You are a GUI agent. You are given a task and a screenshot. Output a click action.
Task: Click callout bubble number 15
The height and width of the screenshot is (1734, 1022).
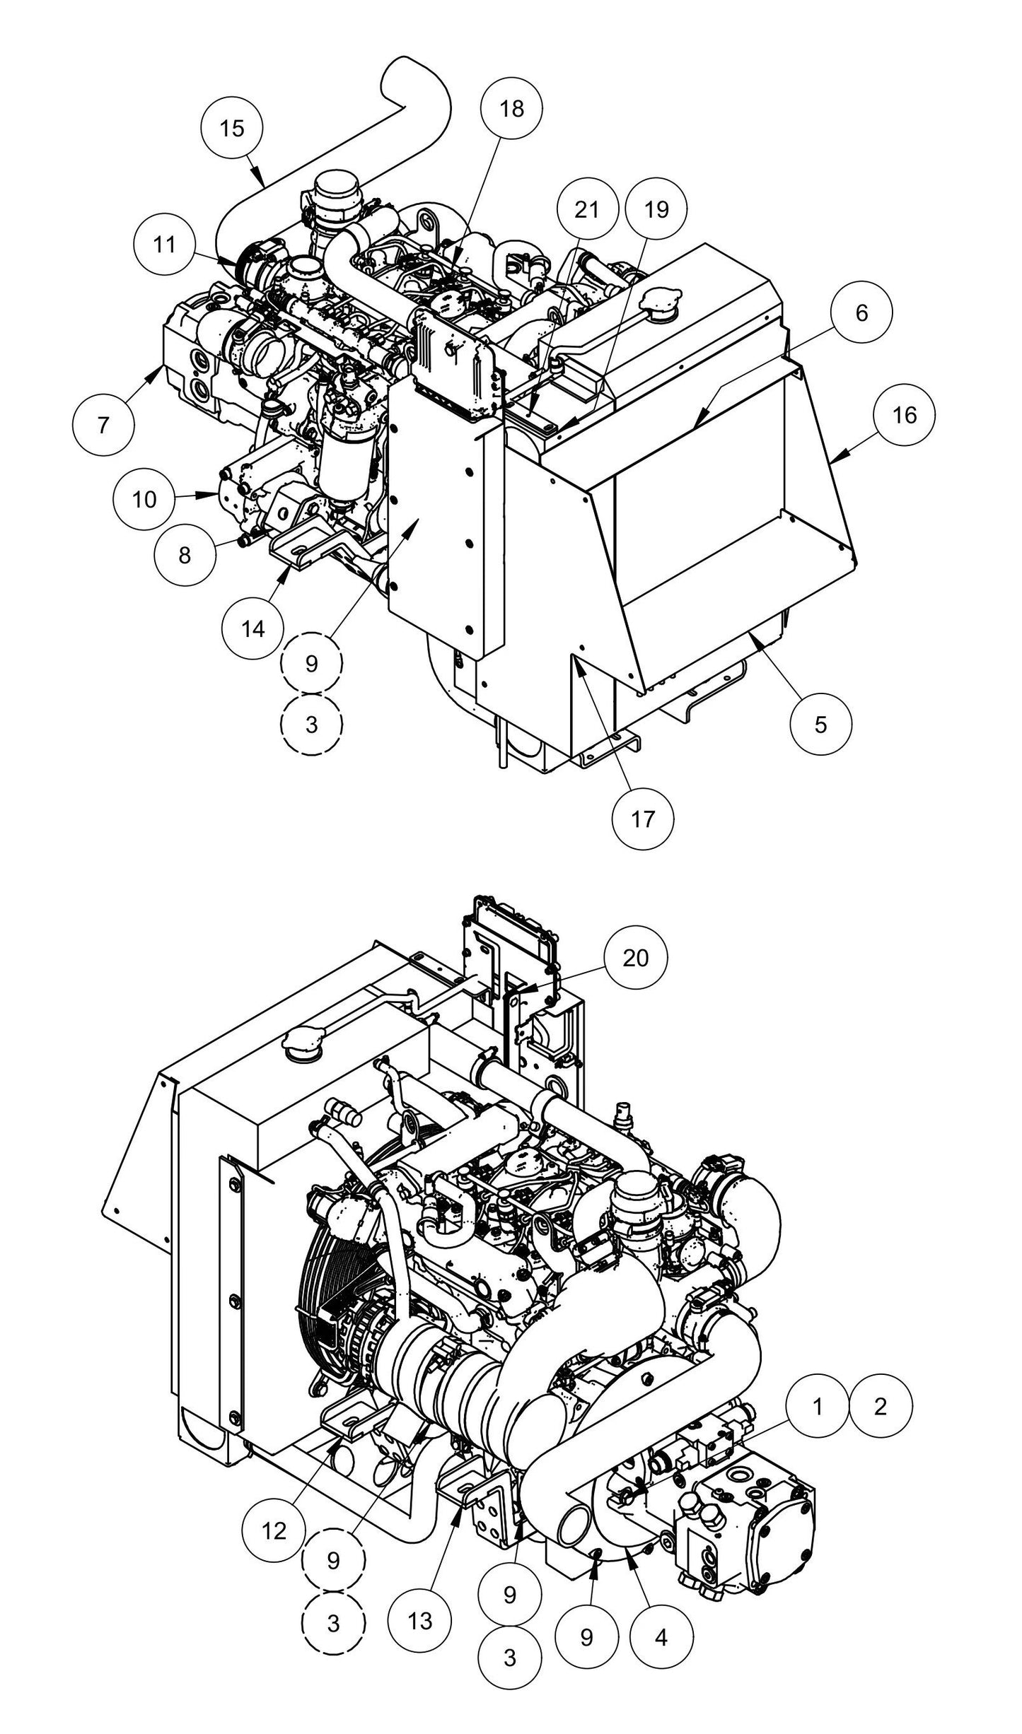tap(232, 128)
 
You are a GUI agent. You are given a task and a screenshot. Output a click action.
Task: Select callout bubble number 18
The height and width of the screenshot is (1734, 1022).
tap(511, 108)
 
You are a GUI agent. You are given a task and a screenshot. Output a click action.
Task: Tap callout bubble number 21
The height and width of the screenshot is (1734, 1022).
tap(586, 210)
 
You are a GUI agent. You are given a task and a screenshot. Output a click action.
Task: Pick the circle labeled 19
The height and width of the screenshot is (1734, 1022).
tap(656, 210)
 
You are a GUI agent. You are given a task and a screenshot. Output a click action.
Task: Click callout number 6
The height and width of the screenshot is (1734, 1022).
tap(861, 313)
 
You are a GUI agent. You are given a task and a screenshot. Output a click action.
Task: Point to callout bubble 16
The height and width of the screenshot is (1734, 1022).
tap(904, 415)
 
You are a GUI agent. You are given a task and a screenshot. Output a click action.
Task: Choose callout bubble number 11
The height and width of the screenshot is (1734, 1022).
tap(165, 245)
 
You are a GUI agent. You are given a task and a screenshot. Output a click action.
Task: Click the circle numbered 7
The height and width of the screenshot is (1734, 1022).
tap(104, 426)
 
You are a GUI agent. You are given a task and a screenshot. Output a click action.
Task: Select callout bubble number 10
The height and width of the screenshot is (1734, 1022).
tap(144, 500)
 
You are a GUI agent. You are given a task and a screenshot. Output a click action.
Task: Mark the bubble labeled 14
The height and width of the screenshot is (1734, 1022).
tap(253, 628)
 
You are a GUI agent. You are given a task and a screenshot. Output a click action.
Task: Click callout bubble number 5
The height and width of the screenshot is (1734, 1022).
tap(820, 725)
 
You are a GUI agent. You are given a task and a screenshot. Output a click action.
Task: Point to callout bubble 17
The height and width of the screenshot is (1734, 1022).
tap(643, 819)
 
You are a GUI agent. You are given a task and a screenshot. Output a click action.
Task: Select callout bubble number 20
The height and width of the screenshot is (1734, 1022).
tap(635, 958)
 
